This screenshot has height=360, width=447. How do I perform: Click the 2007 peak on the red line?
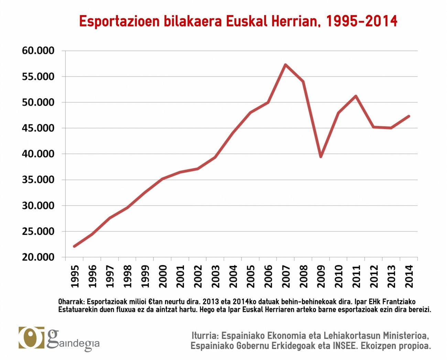[285, 65]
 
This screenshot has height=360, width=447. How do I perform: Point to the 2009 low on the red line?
[321, 157]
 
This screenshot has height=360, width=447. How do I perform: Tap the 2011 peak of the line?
[356, 96]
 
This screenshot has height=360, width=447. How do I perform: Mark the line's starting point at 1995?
[74, 246]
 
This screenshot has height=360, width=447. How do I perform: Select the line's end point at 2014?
[409, 116]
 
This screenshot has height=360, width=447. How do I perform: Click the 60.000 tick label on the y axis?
[38, 51]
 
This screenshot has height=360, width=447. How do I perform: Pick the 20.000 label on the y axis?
[38, 257]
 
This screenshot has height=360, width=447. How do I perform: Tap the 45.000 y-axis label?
[38, 128]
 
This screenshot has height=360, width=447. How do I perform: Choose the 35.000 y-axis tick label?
[38, 180]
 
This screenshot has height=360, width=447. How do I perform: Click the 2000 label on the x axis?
[162, 276]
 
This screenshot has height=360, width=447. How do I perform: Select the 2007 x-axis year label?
[286, 276]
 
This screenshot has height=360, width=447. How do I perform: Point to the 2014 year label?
[409, 276]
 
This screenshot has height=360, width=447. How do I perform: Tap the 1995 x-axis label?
[74, 276]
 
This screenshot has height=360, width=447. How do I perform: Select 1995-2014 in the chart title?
[361, 21]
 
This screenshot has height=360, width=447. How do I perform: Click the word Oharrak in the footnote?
[71, 302]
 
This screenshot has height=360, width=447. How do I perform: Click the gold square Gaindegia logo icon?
[31, 338]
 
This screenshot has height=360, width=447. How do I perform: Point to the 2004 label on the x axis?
[233, 276]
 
